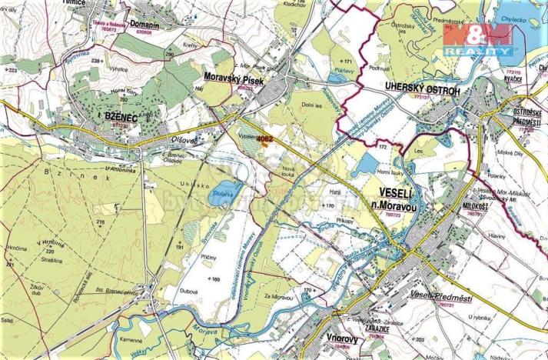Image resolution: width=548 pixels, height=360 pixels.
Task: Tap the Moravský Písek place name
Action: (x=234, y=78)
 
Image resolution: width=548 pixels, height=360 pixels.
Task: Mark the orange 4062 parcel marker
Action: (x=265, y=138)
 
